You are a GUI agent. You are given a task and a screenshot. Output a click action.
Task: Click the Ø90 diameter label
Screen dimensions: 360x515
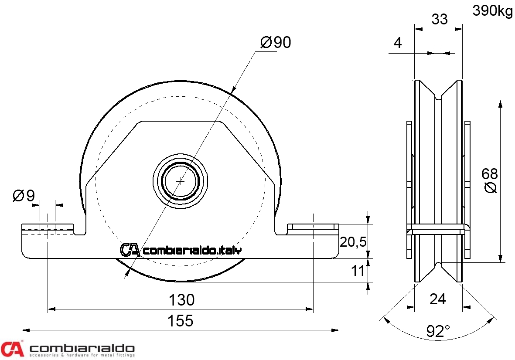point(276,42)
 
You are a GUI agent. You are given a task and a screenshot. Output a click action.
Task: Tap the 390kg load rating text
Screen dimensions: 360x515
point(492,12)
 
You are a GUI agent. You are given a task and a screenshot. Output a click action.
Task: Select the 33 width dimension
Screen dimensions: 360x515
point(440,20)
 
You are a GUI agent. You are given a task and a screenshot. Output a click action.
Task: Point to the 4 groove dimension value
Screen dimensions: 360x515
point(397,43)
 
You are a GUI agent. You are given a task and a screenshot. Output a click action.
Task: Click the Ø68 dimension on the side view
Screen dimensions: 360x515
point(490,180)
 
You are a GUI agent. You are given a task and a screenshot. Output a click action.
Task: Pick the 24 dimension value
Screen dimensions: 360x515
point(438,299)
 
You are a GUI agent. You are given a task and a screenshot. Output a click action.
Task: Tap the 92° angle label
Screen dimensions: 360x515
point(438,332)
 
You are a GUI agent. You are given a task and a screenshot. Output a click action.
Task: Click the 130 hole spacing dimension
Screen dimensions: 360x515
point(181,300)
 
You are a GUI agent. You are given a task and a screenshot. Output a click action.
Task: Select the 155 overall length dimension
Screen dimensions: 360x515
point(181,321)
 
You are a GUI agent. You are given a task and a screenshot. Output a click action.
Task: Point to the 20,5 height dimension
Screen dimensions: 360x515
point(352,242)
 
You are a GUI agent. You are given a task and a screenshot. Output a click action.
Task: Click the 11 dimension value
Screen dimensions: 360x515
point(358,271)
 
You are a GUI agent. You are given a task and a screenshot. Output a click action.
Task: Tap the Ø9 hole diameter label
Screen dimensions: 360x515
point(24,196)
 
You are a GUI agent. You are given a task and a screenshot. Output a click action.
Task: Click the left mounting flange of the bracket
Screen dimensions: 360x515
point(48,228)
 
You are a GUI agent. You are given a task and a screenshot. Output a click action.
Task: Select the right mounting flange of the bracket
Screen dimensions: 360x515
point(313,228)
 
